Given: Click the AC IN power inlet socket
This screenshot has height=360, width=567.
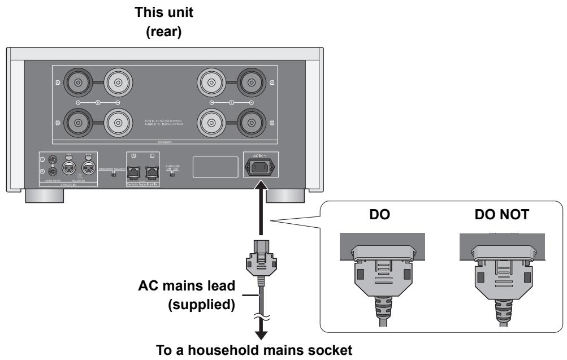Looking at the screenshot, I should coord(261,167).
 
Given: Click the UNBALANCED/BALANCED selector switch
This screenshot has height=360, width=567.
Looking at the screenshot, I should coord(114,175).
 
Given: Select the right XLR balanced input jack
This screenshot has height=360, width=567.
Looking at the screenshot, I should coord(89,167).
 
